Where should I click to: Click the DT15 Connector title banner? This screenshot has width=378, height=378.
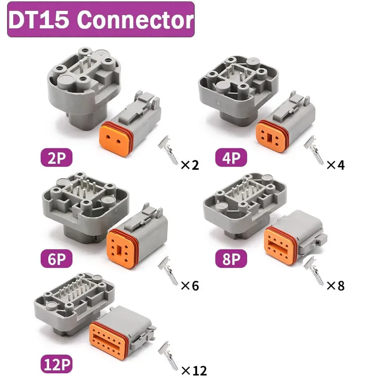(x=101, y=20)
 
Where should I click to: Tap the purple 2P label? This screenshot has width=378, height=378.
(x=56, y=158)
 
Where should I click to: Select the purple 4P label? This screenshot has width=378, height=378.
(x=231, y=158)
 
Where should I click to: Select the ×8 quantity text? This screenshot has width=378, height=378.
(x=336, y=285)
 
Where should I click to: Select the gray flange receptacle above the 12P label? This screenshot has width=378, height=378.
(x=71, y=302)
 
